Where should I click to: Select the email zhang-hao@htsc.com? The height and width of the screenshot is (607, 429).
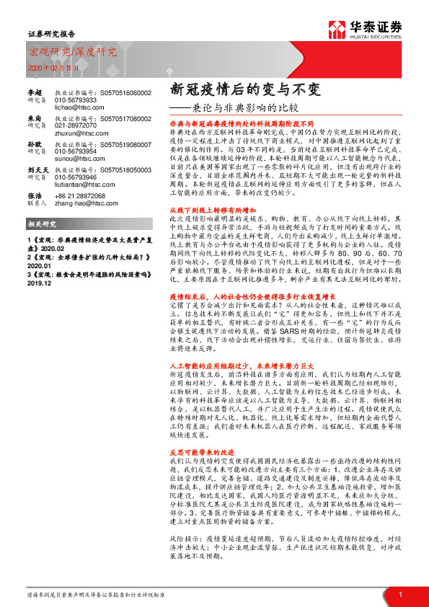(x=77, y=203)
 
